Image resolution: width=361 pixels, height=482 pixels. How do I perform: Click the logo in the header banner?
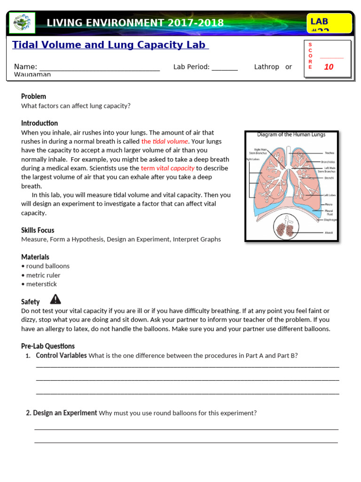(22, 23)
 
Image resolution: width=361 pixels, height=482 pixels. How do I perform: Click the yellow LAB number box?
(329, 24)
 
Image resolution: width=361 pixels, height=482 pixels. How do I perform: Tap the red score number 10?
(329, 67)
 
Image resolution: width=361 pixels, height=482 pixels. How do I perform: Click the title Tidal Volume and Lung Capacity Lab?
(110, 45)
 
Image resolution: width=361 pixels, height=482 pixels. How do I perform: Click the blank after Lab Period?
(225, 67)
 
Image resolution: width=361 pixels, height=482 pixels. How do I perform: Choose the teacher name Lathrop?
(267, 67)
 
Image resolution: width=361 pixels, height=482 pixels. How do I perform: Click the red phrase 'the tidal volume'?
(165, 141)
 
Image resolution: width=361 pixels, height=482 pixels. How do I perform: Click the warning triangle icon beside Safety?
(55, 299)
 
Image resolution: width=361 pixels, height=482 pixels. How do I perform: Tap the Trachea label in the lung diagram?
(329, 153)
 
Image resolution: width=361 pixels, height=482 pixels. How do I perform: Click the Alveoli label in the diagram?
(329, 233)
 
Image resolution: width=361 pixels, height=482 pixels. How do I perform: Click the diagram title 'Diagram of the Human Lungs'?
(291, 135)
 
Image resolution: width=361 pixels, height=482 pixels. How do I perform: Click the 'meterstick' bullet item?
(41, 284)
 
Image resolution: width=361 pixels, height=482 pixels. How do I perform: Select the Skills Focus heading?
(38, 230)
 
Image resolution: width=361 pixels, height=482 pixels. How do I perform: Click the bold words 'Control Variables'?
(61, 355)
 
